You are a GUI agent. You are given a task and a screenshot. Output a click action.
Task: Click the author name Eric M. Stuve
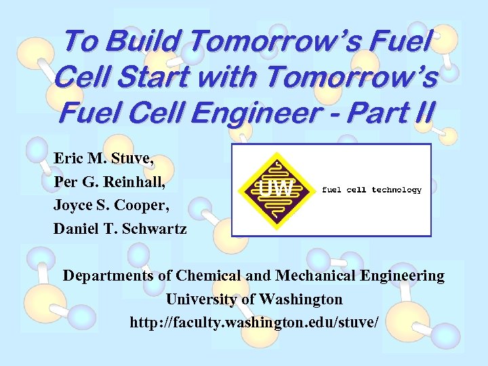click(104, 160)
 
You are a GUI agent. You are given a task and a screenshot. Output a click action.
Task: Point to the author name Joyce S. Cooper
click(110, 205)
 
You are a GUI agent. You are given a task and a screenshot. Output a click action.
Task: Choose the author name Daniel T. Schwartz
click(120, 228)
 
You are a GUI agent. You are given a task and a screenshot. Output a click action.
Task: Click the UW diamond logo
click(275, 190)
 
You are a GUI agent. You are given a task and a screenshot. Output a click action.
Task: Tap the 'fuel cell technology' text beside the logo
click(371, 190)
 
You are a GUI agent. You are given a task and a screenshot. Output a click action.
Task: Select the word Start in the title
click(161, 78)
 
